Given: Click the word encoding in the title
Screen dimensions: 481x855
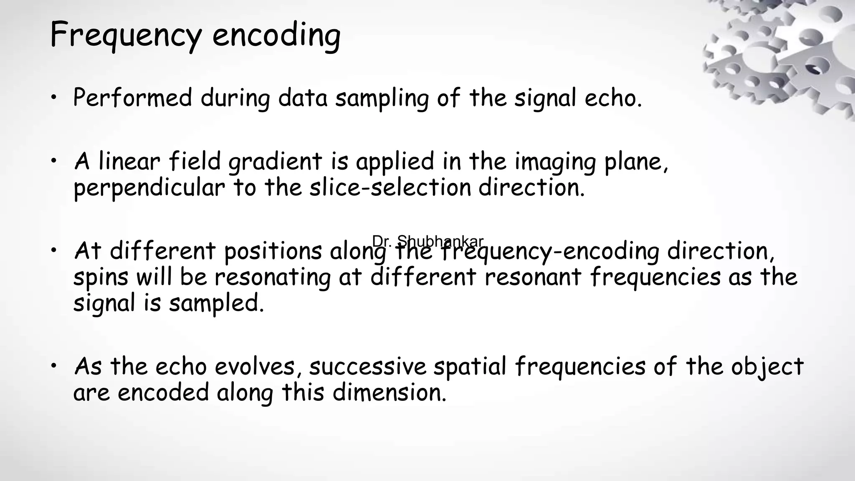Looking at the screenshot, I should [276, 35].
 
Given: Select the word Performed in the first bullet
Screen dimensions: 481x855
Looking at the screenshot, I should [132, 98].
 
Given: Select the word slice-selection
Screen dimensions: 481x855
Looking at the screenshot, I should [390, 188].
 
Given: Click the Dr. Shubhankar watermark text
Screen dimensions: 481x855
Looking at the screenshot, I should [427, 241].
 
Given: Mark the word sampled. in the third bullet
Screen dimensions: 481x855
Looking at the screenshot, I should [216, 304].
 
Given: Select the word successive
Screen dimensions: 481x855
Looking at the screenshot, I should [367, 367].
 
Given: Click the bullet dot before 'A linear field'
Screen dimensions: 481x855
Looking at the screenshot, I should [53, 161].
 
